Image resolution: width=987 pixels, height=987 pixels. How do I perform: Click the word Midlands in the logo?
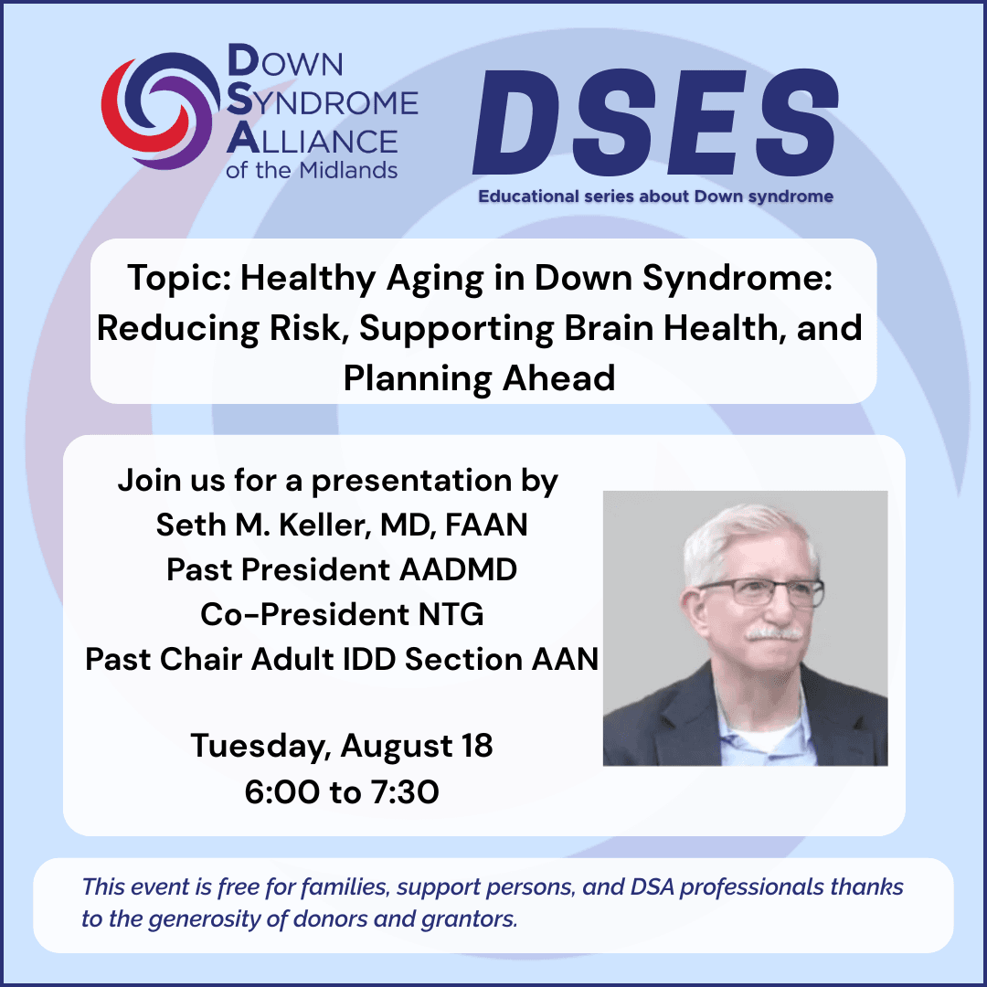pyautogui.click(x=348, y=169)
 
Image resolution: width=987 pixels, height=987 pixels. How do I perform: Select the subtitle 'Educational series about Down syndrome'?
pyautogui.click(x=655, y=196)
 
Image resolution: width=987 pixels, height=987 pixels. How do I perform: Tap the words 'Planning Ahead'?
pyautogui.click(x=479, y=378)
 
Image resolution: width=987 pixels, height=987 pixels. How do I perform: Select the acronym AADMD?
pyautogui.click(x=458, y=569)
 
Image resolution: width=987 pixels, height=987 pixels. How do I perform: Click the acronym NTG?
pyautogui.click(x=451, y=614)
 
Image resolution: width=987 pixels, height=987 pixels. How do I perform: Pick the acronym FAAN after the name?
pyautogui.click(x=486, y=525)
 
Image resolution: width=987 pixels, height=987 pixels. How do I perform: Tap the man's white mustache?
pyautogui.click(x=775, y=632)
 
